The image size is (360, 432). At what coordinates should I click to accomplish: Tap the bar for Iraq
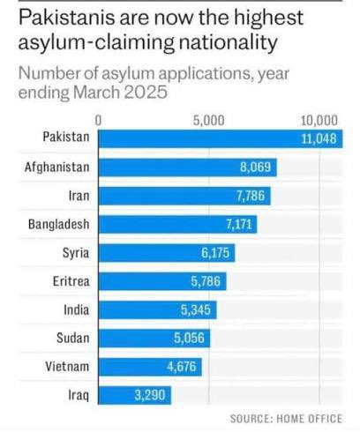[x=134, y=395]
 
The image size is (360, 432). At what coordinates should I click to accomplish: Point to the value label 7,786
[x=251, y=196]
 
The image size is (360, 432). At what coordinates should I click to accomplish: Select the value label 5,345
[x=197, y=309]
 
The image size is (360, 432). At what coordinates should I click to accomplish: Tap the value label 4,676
[x=182, y=367]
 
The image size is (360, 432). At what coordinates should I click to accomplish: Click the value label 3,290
[x=149, y=395]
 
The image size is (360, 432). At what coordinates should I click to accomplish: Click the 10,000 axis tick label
[x=319, y=120]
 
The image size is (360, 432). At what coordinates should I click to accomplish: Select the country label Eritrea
[x=70, y=281]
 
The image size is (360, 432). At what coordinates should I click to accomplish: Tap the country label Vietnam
[x=68, y=366]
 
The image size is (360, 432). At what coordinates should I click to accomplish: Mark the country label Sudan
[x=72, y=338]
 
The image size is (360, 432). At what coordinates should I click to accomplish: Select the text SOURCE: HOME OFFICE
[x=285, y=418]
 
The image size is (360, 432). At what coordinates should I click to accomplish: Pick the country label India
[x=76, y=309]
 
